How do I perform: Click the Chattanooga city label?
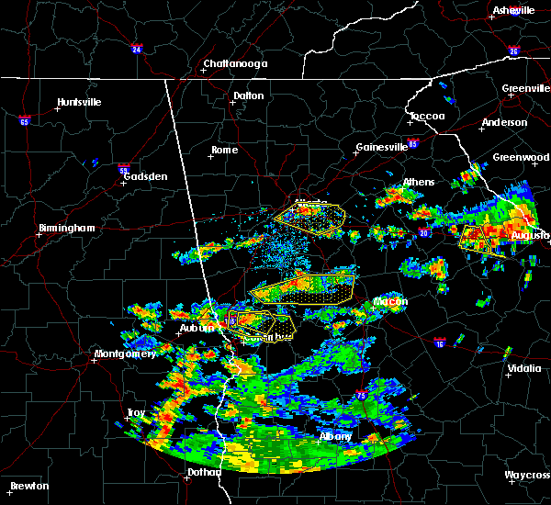click(x=235, y=63)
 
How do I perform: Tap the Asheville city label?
click(x=513, y=10)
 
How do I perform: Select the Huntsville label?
click(x=79, y=102)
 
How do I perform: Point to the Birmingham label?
click(x=66, y=228)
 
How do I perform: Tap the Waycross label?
click(x=528, y=476)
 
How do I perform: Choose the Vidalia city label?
click(x=523, y=369)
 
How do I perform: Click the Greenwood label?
click(x=521, y=157)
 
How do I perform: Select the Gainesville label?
click(x=382, y=147)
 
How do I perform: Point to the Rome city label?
click(x=224, y=150)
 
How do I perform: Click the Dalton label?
click(x=248, y=95)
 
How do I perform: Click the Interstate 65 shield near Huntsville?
click(x=25, y=120)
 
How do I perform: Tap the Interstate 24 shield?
click(x=136, y=49)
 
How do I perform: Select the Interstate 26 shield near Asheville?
click(x=513, y=51)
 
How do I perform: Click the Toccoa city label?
click(x=427, y=116)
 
